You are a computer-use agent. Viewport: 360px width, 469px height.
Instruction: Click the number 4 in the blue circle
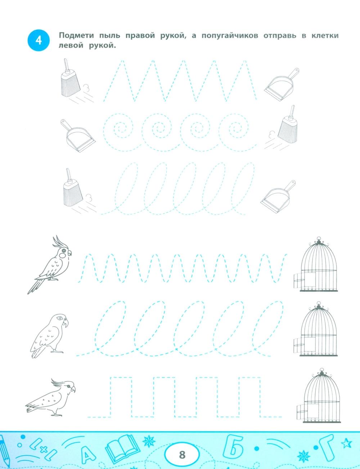[x=39, y=41]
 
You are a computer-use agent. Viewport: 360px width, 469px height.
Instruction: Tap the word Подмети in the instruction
[x=76, y=35]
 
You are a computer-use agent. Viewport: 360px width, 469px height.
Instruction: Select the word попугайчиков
[x=230, y=36]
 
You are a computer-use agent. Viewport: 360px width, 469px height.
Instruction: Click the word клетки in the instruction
[x=325, y=35]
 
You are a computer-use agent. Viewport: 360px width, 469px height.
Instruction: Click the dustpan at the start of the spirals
[x=78, y=136]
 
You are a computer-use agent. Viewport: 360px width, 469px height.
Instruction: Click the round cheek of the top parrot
[x=62, y=256]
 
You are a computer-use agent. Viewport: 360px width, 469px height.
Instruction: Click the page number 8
[x=182, y=455]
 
